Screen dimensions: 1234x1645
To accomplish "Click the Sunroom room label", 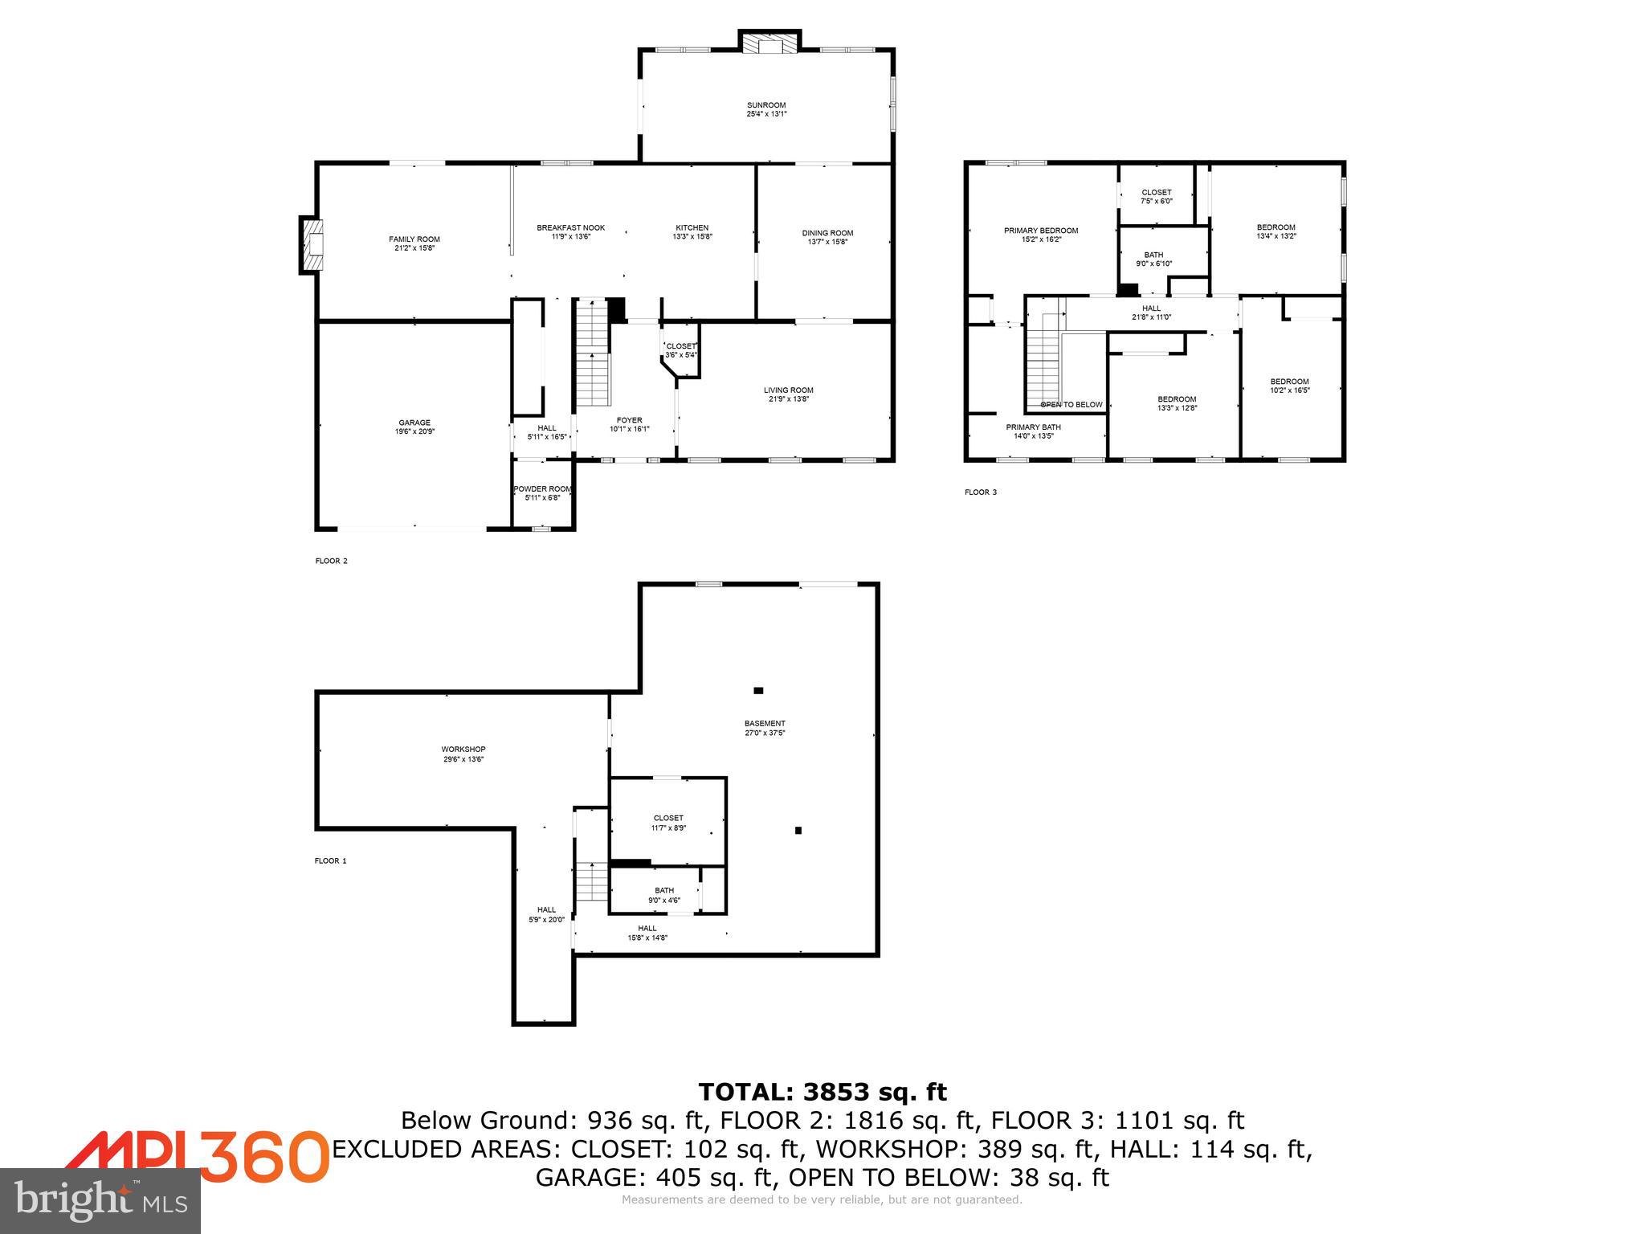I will pos(766,105).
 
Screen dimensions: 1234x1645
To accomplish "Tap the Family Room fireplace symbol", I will pos(312,244).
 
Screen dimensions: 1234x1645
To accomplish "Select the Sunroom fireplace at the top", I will pos(770,43).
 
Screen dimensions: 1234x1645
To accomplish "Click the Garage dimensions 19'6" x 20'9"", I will pos(414,431).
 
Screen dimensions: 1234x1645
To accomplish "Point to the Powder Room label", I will pos(542,488).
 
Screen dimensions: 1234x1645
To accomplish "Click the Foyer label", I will pos(629,420).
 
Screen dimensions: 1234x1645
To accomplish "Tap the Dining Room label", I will pos(827,233).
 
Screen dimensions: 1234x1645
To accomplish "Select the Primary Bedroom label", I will pos(1041,231).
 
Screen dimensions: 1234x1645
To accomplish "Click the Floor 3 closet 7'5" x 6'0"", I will pos(1156,197).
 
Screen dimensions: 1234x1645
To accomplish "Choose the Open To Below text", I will pos(1071,404).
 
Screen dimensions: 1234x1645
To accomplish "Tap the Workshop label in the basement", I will pos(463,750).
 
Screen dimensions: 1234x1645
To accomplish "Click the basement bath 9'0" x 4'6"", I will pos(664,895).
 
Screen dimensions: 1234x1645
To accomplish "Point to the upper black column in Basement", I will pos(758,690).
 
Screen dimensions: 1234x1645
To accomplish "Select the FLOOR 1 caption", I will pos(330,860).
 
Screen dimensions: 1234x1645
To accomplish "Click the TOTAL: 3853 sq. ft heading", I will pos(822,1092).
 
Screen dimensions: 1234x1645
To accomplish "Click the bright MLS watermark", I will pos(100,1200).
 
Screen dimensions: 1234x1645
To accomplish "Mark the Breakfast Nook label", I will pos(570,228).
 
